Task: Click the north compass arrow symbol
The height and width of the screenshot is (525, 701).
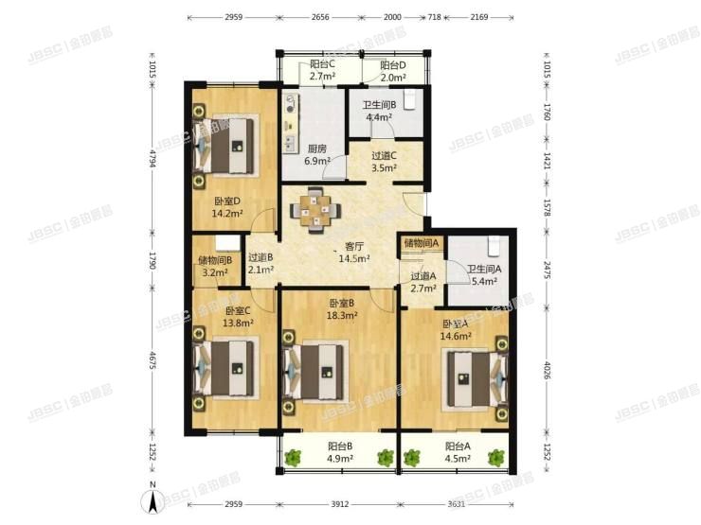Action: click(153, 501)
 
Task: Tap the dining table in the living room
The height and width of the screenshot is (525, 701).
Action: click(315, 210)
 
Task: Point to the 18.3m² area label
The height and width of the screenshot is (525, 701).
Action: click(342, 316)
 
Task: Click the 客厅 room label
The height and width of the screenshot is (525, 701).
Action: click(353, 247)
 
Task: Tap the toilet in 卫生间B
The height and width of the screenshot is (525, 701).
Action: click(411, 99)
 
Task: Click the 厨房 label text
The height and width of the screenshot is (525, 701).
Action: click(317, 149)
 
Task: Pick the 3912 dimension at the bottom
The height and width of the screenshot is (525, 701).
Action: click(340, 504)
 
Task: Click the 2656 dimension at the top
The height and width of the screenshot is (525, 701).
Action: click(320, 17)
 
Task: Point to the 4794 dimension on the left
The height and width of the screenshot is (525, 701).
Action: click(153, 158)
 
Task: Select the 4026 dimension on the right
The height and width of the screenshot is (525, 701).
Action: click(547, 370)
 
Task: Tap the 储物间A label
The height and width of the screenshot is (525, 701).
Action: click(421, 243)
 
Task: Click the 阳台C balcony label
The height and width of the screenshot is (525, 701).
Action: click(323, 64)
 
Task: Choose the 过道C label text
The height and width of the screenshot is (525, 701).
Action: click(384, 156)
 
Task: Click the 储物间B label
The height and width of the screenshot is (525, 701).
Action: click(215, 260)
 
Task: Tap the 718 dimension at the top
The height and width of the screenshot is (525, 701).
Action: click(435, 17)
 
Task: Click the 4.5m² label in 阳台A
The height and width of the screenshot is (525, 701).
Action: click(458, 459)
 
